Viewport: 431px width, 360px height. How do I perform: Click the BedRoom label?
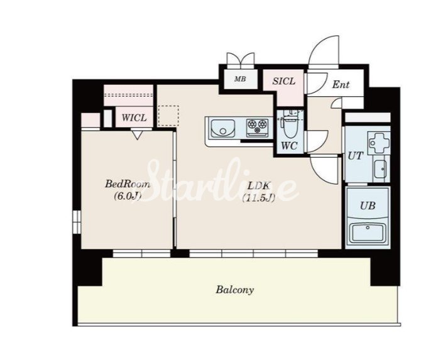[128, 183]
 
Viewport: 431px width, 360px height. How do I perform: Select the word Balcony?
[234, 290]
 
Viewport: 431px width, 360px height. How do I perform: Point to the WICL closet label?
[134, 118]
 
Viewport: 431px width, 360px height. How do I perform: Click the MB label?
[240, 79]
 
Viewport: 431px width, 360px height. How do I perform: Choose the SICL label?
[284, 81]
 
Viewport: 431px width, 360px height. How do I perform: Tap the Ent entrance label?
[341, 84]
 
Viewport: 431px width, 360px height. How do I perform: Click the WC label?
[289, 146]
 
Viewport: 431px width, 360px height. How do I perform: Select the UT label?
[355, 156]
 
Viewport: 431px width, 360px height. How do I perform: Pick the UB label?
[368, 205]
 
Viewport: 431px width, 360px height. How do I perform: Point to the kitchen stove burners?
[258, 126]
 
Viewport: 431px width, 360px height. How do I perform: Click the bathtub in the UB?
[367, 232]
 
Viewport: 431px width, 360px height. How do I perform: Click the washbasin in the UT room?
[381, 169]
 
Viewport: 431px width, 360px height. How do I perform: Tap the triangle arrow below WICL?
[137, 135]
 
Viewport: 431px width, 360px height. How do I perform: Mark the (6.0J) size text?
[128, 196]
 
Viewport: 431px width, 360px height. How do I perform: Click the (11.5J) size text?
[258, 198]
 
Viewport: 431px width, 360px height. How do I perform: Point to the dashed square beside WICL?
[168, 116]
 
